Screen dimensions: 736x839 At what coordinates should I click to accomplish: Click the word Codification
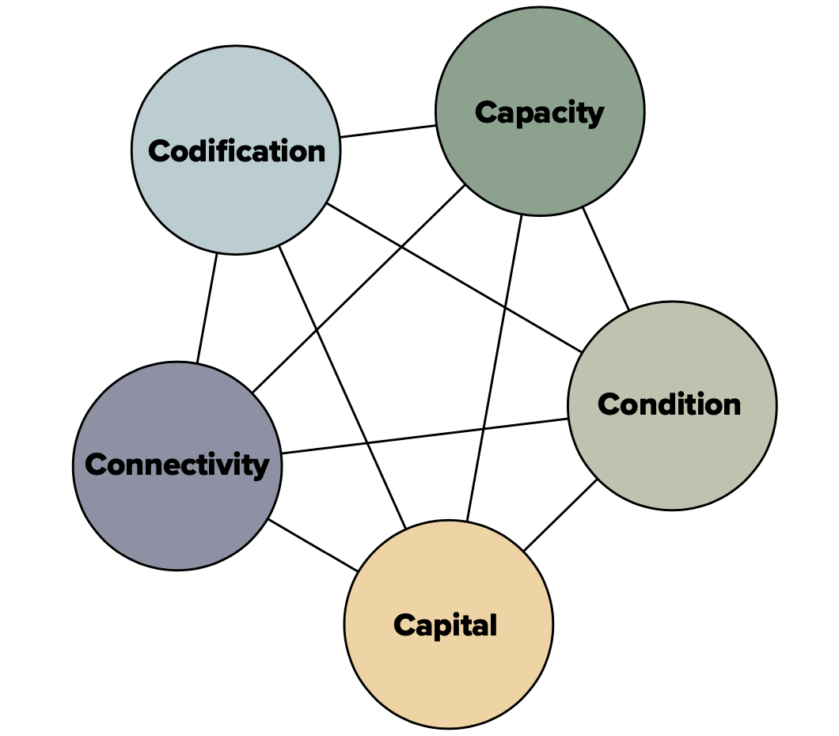click(x=237, y=150)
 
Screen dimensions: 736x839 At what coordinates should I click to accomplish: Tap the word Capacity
click(x=539, y=112)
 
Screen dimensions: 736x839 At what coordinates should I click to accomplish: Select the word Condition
click(x=669, y=404)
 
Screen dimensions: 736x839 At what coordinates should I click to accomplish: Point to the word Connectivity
click(x=177, y=465)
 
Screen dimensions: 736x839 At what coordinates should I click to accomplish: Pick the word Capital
click(x=446, y=625)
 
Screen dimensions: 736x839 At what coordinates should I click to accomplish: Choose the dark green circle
click(x=540, y=158)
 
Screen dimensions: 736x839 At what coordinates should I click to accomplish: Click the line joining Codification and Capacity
click(x=388, y=131)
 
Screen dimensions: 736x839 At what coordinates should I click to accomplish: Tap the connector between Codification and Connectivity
click(x=207, y=309)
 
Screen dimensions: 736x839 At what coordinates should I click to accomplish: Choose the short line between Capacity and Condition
click(x=606, y=259)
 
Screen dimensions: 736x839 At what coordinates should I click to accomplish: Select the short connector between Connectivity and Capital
click(x=313, y=545)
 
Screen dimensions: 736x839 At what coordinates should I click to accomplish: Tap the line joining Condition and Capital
click(x=560, y=514)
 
